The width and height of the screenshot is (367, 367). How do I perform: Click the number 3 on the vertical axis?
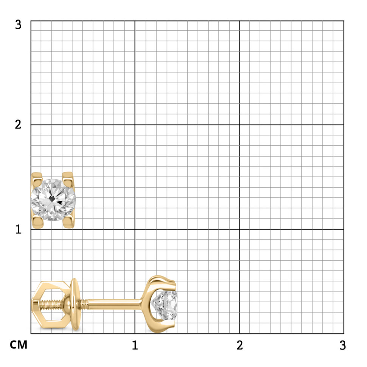pyautogui.click(x=18, y=25)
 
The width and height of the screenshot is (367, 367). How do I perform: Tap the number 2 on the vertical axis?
pyautogui.click(x=18, y=124)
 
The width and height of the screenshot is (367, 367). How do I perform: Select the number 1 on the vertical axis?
pyautogui.click(x=19, y=229)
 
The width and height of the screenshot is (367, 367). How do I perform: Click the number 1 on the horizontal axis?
pyautogui.click(x=135, y=345)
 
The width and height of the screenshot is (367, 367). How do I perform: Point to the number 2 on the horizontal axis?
pyautogui.click(x=239, y=345)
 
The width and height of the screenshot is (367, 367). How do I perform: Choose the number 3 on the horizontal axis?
pyautogui.click(x=343, y=345)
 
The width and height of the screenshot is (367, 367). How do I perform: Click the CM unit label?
pyautogui.click(x=19, y=345)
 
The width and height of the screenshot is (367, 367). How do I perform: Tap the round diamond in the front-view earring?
pyautogui.click(x=53, y=200)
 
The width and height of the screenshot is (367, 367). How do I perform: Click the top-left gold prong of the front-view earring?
pyautogui.click(x=37, y=178)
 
